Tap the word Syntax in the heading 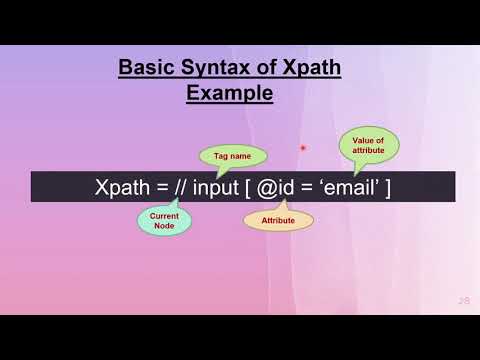[209, 68]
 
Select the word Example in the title [230, 93]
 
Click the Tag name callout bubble [233, 156]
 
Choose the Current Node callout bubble [164, 219]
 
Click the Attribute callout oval [277, 219]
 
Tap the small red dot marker [303, 149]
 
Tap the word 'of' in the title [256, 68]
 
